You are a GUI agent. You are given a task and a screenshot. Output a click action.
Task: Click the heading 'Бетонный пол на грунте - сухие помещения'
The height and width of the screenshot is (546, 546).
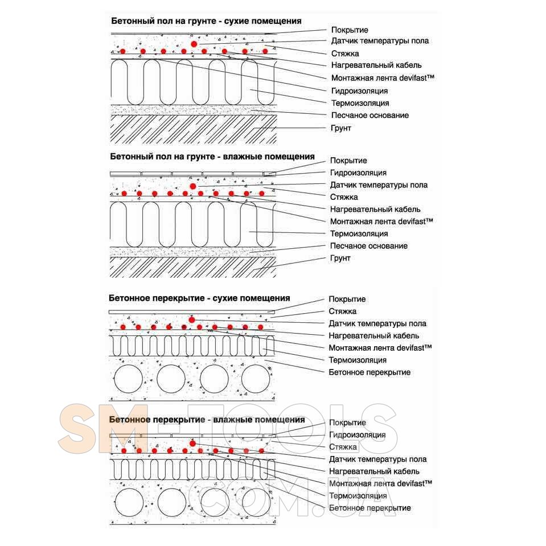(x=206, y=21)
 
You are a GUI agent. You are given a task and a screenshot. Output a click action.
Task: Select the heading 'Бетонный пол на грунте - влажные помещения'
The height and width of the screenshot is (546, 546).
(x=212, y=156)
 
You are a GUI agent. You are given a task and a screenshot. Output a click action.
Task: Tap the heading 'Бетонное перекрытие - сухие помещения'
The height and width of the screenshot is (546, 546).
(x=199, y=298)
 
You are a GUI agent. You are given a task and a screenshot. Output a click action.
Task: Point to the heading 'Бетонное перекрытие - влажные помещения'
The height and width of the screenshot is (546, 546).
(x=207, y=420)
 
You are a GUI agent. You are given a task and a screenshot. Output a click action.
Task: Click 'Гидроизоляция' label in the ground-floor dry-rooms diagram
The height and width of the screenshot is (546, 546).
(x=359, y=91)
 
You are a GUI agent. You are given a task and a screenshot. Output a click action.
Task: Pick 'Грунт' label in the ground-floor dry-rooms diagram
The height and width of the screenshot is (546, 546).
(x=341, y=128)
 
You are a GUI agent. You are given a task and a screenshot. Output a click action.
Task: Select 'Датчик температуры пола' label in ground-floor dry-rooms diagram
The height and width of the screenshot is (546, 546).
(x=380, y=40)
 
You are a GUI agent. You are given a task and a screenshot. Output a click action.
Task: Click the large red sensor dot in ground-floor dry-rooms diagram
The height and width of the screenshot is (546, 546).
(x=194, y=43)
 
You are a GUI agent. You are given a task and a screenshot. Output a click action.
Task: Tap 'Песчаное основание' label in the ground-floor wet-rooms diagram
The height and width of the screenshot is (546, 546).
(x=368, y=246)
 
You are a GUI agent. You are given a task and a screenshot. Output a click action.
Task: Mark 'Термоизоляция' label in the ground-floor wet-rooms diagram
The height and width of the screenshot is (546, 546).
(x=359, y=233)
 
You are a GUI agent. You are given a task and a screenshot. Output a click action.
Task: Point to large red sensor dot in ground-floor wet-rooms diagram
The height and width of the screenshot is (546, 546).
(x=193, y=186)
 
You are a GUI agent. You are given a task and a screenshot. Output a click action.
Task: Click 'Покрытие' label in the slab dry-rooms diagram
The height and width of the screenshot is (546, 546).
(x=347, y=299)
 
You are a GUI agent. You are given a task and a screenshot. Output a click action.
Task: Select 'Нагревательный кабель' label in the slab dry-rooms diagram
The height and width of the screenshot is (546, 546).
(x=373, y=335)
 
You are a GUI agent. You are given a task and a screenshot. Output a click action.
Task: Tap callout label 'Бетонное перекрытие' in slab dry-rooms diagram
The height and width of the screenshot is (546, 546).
(x=369, y=372)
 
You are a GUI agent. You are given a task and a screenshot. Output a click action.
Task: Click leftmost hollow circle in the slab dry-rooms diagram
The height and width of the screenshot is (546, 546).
(x=129, y=379)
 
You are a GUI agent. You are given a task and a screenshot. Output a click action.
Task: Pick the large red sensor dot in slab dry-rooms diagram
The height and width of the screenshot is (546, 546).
(x=192, y=319)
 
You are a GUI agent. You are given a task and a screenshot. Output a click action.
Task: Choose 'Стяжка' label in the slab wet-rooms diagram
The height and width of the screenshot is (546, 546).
(x=343, y=447)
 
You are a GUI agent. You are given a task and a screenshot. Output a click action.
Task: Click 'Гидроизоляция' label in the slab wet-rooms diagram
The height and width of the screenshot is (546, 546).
(x=358, y=435)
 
